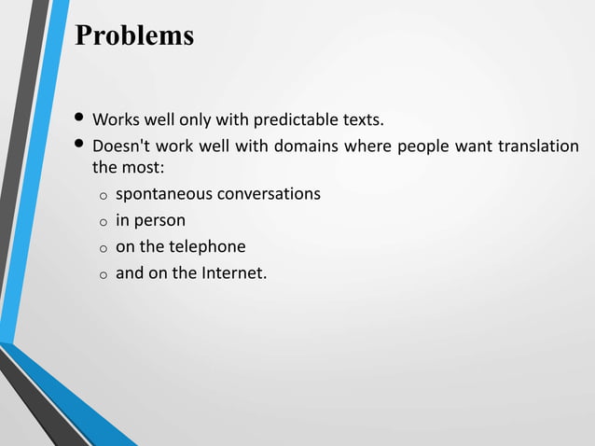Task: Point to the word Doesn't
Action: [x=120, y=146]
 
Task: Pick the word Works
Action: [x=115, y=120]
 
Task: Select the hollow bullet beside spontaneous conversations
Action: [x=104, y=196]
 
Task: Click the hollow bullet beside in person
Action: [x=104, y=222]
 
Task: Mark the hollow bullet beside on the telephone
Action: [x=104, y=248]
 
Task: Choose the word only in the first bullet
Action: [x=194, y=120]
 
